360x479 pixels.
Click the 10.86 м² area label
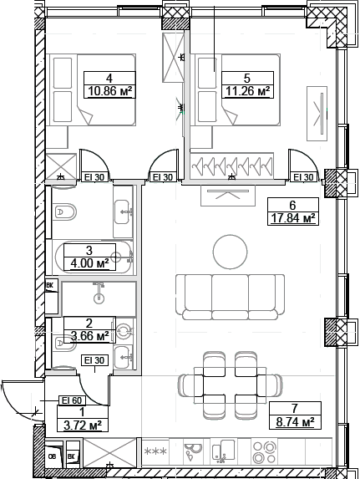coord(110,91)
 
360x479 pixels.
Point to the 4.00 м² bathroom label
coord(89,264)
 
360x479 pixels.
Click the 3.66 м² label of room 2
coord(89,336)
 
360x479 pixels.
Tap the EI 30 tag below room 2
coord(94,360)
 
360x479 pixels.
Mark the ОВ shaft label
coord(52,456)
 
